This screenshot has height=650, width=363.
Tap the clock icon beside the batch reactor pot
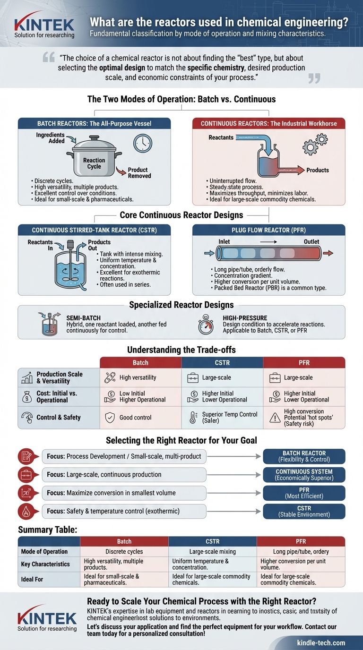point(142,143)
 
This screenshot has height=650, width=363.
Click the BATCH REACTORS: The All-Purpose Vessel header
point(94,123)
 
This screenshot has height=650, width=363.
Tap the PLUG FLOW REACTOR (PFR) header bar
point(268,230)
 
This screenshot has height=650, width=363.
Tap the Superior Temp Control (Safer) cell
point(222,417)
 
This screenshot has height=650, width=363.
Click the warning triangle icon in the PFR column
point(274,418)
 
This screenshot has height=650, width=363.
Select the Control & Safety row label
point(58,417)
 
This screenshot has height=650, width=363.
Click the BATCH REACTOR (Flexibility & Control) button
point(303,456)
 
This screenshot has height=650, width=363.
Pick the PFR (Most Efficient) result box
point(303,493)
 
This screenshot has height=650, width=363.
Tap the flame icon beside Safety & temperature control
point(26,511)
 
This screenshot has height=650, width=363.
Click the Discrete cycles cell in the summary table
point(124,551)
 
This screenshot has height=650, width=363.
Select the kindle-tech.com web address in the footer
point(321,642)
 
